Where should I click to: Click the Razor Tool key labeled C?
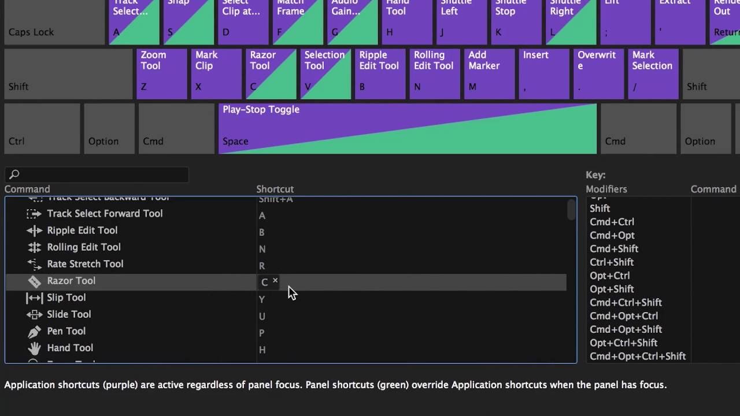pos(271,74)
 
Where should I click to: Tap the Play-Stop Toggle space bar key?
pos(407,128)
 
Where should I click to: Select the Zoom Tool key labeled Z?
pos(162,74)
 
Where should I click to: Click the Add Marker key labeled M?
pos(489,74)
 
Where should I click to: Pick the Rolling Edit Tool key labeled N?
pos(434,74)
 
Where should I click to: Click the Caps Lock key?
pos(54,23)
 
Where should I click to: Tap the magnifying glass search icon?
pos(14,174)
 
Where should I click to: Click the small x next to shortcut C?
pos(275,280)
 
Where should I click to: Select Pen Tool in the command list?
pos(66,331)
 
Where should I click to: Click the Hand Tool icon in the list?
pos(35,348)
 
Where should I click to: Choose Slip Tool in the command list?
pos(66,298)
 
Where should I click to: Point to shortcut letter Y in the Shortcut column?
pos(262,299)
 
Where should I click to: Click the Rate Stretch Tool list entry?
pos(85,264)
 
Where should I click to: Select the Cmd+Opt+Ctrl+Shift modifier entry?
pos(637,356)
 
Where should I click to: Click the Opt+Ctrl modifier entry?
pos(609,276)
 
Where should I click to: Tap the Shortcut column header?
pos(275,189)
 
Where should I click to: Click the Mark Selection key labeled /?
pos(653,74)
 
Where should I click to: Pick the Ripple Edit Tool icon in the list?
pos(35,231)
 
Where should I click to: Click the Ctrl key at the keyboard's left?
pos(42,128)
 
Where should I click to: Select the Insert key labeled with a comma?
pos(543,74)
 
